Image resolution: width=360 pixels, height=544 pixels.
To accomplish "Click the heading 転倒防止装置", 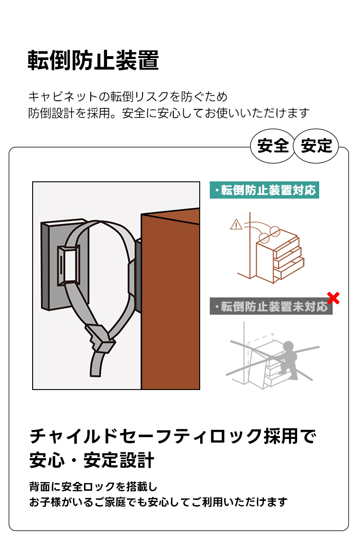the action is (93, 60).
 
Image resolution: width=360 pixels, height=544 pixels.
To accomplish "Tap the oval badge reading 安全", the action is (273, 146).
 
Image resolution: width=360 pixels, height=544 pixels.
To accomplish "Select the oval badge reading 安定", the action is (316, 146).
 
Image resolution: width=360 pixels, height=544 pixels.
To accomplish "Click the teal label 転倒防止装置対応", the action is (264, 190).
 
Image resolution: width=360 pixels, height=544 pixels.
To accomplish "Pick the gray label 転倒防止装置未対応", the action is (271, 307).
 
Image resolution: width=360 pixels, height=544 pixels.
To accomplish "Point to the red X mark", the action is (333, 298).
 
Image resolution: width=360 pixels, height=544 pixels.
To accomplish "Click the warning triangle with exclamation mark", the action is (236, 225).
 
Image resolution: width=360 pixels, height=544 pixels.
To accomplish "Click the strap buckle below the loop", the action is (101, 338).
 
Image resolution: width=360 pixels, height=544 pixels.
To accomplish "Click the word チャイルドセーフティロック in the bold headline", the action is (146, 437).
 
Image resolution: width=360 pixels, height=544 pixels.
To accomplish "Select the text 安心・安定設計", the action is (92, 461).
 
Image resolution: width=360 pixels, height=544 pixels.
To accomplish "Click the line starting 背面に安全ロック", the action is (94, 487).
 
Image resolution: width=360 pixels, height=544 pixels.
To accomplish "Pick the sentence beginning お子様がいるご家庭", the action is (159, 502).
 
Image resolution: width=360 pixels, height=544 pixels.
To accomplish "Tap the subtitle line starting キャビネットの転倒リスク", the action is (128, 96).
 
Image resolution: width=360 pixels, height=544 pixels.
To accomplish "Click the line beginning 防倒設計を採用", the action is (168, 113).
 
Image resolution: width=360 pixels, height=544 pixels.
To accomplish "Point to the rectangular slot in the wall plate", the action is (68, 265).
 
